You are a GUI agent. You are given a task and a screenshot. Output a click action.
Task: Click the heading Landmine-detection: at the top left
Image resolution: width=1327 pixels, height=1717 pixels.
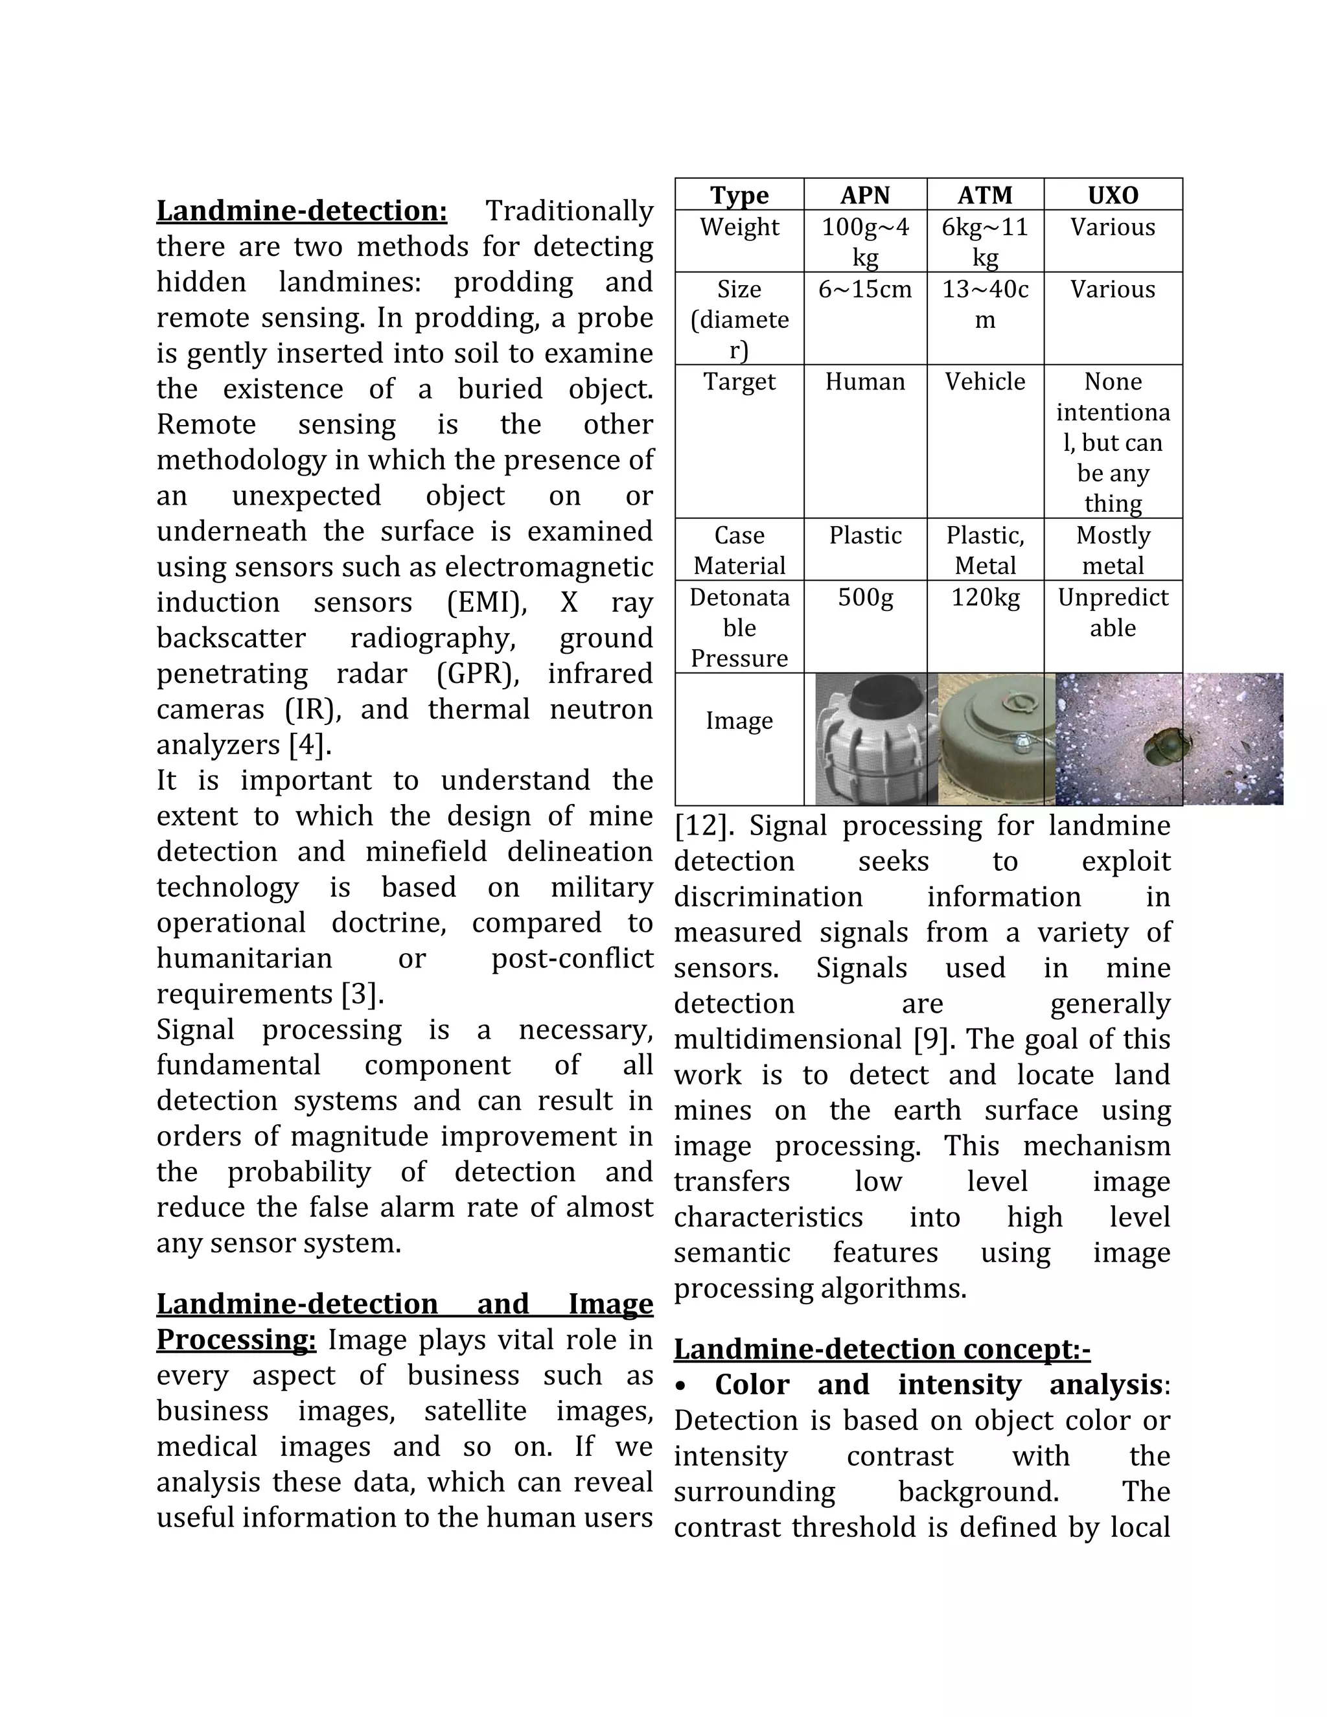point(301,211)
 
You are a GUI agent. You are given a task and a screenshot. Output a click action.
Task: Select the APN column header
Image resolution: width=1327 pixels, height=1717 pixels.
point(865,195)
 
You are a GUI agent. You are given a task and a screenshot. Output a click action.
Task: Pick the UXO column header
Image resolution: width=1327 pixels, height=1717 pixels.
point(1113,195)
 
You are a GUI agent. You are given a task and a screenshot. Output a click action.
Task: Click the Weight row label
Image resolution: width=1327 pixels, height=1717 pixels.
point(739,227)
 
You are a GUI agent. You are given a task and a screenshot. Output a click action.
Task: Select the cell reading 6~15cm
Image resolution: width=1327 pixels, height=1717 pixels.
point(865,290)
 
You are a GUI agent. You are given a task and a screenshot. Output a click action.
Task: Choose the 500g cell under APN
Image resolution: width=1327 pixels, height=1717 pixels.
point(865,598)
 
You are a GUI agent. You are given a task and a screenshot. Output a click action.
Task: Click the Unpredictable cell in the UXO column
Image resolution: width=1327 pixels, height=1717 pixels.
point(1113,612)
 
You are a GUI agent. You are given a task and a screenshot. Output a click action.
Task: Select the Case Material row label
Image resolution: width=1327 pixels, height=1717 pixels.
point(739,550)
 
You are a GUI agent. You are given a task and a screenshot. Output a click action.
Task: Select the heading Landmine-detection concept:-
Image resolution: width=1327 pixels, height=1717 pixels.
point(881,1349)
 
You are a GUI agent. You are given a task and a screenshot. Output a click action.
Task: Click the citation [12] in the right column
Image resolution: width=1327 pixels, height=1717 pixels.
point(704,826)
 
